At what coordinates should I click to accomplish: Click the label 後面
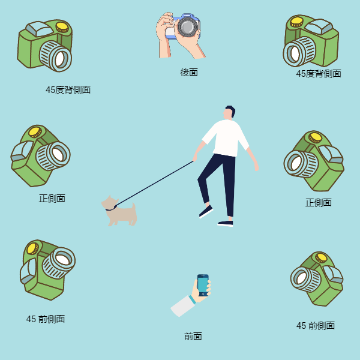(x=189, y=73)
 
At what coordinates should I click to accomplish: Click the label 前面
(x=193, y=337)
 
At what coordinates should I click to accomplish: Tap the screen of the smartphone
(x=203, y=285)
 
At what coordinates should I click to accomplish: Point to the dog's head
(x=109, y=202)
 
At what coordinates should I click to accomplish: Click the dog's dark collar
(x=111, y=209)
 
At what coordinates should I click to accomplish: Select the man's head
(x=229, y=113)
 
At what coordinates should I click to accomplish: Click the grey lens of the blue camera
(x=188, y=26)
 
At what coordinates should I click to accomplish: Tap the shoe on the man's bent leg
(x=206, y=211)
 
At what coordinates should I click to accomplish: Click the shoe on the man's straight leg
(x=226, y=223)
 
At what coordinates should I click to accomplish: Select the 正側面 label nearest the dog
(x=52, y=199)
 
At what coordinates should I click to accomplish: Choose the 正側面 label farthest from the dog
(x=319, y=203)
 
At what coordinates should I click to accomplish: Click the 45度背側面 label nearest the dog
(x=68, y=90)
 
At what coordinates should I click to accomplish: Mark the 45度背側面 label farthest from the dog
(x=319, y=74)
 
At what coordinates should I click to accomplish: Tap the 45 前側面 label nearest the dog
(x=46, y=319)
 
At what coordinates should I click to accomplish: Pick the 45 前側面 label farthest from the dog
(x=316, y=325)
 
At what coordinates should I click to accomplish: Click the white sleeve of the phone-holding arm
(x=182, y=306)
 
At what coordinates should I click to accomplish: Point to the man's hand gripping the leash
(x=195, y=157)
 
